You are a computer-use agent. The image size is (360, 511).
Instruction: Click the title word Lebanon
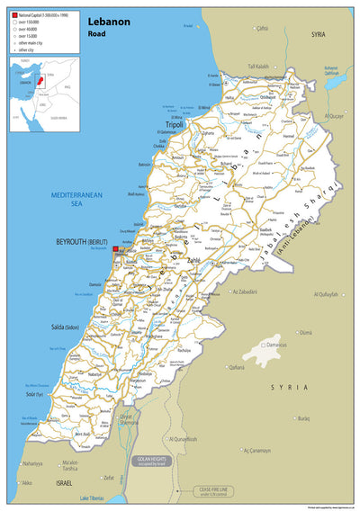[x=109, y=20]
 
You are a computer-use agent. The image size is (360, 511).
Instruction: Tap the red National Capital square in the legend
[x=14, y=16]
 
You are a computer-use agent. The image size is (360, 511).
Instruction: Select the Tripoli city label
[x=174, y=124]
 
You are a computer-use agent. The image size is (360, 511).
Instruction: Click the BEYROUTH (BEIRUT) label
[x=82, y=242]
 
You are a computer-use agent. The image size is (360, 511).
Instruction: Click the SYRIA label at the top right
[x=318, y=33]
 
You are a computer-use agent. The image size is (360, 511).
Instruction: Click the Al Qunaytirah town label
[x=183, y=438]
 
